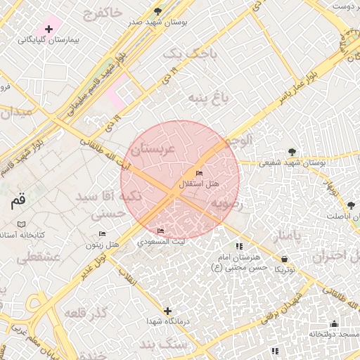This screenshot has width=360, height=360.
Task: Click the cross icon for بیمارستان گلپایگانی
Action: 49,29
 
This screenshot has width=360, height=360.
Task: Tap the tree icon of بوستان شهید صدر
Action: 157,11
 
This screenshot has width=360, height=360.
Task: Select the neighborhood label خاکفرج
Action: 101,13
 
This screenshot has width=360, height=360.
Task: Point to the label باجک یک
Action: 181,53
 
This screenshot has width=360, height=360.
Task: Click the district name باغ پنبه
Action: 212,98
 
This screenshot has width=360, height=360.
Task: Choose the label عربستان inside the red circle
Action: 153,149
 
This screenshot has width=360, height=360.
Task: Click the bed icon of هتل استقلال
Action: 200,173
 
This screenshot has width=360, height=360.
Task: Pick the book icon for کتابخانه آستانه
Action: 21,224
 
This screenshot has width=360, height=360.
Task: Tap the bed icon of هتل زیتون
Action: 103,234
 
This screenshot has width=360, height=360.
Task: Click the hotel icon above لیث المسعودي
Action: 161,231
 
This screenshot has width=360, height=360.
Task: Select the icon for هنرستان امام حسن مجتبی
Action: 239,247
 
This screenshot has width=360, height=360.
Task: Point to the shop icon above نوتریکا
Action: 284,259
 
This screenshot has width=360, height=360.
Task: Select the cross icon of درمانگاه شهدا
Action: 167,310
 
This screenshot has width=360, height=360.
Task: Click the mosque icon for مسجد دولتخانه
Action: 333,324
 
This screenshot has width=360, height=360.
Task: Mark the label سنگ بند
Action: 158,345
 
